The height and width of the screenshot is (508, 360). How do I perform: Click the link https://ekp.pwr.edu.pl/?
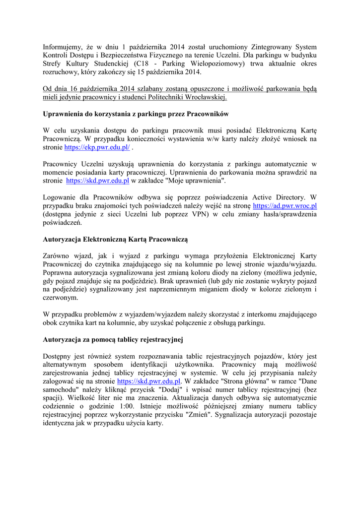point(97,147)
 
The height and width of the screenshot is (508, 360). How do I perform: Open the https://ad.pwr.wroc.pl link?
point(285,205)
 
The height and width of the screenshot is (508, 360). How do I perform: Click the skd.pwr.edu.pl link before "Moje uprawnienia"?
point(97,181)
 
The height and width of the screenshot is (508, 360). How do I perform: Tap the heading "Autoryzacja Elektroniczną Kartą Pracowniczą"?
point(116,239)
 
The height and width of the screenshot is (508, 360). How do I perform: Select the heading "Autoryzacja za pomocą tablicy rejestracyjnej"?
point(113,340)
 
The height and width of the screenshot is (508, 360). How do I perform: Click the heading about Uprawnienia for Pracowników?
point(136,114)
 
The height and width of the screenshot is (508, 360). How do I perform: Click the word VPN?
point(197,214)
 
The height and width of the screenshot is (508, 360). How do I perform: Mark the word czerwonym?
point(61,298)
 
